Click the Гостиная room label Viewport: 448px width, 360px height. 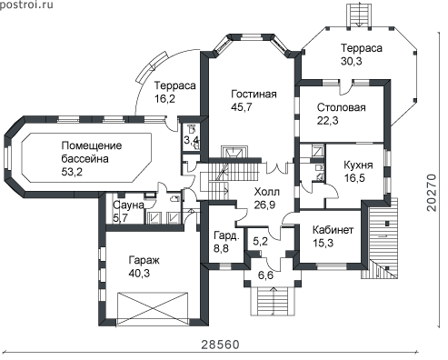click(254, 95)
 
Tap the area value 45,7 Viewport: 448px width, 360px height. click(242, 107)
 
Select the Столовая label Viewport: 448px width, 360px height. click(342, 107)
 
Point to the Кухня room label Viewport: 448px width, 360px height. click(358, 165)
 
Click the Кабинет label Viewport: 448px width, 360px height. click(333, 230)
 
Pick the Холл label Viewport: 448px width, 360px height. click(267, 192)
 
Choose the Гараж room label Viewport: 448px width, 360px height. click(144, 260)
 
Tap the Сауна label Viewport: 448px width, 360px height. click(128, 205)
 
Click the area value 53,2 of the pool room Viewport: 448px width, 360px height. click(72, 172)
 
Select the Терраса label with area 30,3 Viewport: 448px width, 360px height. click(362, 48)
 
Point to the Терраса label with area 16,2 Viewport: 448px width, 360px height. click(175, 85)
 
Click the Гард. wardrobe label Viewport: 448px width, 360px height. click(226, 235)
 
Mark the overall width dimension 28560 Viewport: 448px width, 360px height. click(220, 345)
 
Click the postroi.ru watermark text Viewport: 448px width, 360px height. click(26, 5)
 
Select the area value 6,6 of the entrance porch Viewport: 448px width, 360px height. click(265, 275)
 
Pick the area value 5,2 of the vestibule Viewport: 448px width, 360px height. click(260, 241)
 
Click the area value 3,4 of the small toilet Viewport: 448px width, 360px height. click(192, 140)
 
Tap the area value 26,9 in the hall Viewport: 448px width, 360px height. click(264, 205)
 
